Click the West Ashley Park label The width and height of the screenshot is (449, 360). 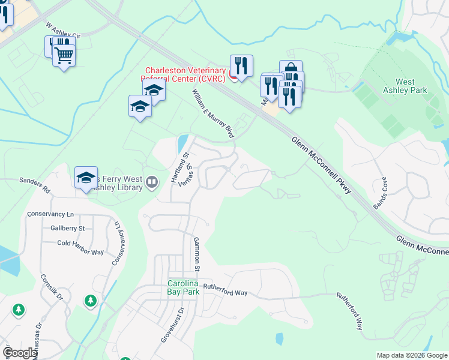pyautogui.click(x=411, y=86)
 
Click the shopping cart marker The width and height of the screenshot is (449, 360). pyautogui.click(x=64, y=55)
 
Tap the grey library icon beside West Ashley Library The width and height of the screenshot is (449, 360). pyautogui.click(x=152, y=181)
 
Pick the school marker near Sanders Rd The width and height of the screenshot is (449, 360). pyautogui.click(x=86, y=177)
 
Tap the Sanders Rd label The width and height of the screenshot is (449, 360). pyautogui.click(x=35, y=183)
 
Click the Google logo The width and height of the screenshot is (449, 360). pyautogui.click(x=21, y=353)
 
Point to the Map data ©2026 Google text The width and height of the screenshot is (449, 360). pyautogui.click(x=412, y=355)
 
